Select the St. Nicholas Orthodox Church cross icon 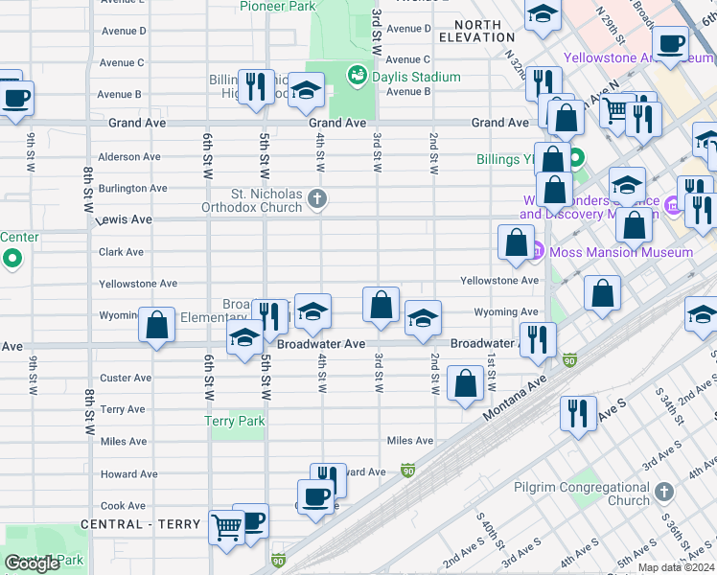click(318, 199)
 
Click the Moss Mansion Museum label click(619, 252)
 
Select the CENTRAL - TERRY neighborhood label click(140, 524)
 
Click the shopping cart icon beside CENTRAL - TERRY click(226, 526)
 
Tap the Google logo click(33, 563)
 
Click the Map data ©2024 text click(676, 567)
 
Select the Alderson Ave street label click(130, 157)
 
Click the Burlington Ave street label click(133, 189)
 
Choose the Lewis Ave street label click(124, 220)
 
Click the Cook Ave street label click(123, 506)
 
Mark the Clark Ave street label click(121, 252)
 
